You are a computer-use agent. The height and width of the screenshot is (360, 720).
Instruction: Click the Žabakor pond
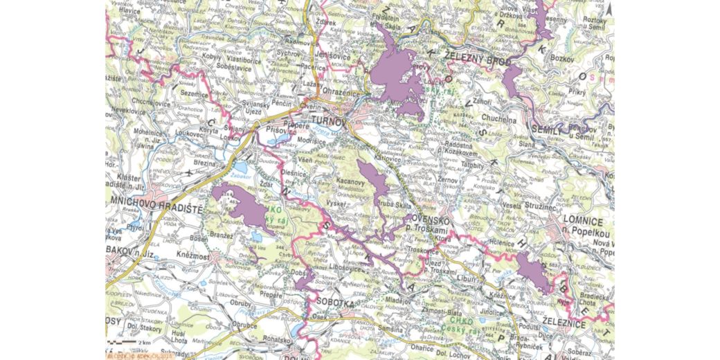(x=242, y=168)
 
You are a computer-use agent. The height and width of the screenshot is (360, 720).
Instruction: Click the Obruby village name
(x=242, y=304)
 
